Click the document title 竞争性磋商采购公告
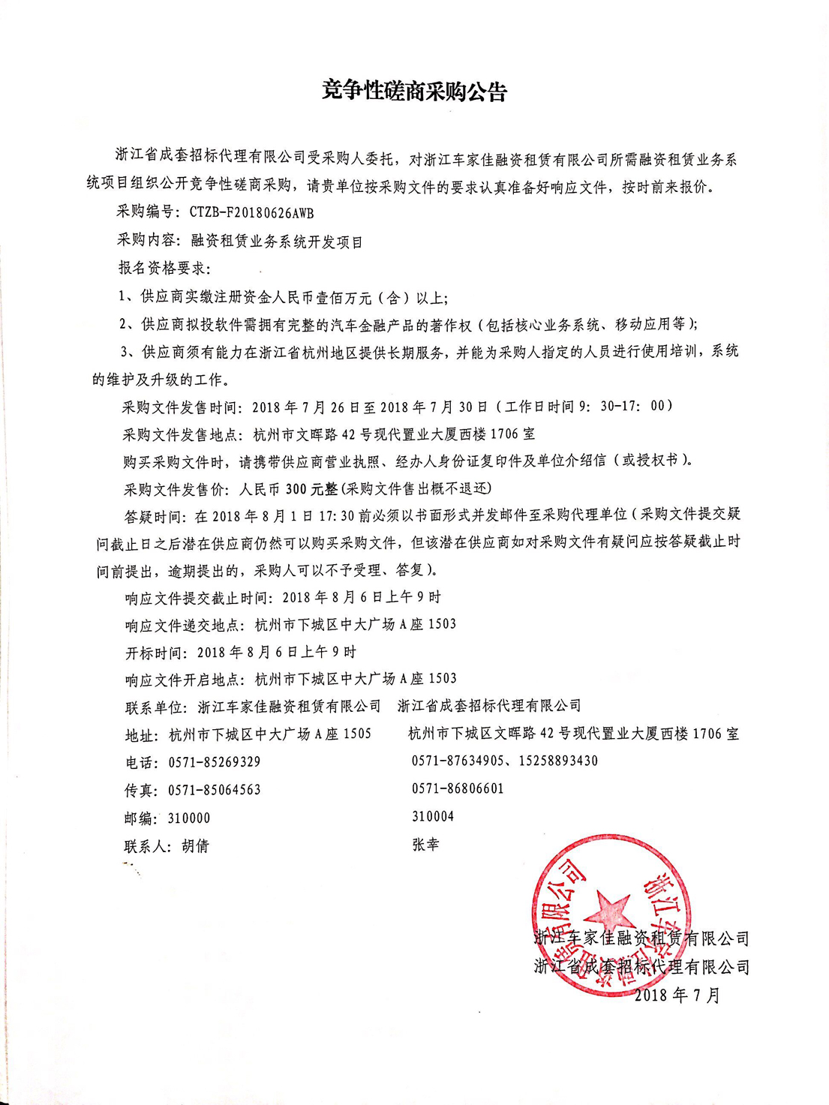click(414, 92)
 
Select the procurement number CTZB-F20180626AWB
click(251, 213)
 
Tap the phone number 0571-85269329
click(215, 762)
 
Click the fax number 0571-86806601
click(458, 788)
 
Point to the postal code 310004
click(433, 816)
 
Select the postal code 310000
click(189, 818)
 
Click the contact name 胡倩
click(195, 846)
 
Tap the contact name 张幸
click(425, 845)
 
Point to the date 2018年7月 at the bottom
click(677, 995)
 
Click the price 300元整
click(312, 489)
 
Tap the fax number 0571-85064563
click(215, 790)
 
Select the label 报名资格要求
click(161, 269)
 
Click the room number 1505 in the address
click(356, 734)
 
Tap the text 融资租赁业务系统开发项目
click(277, 242)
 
